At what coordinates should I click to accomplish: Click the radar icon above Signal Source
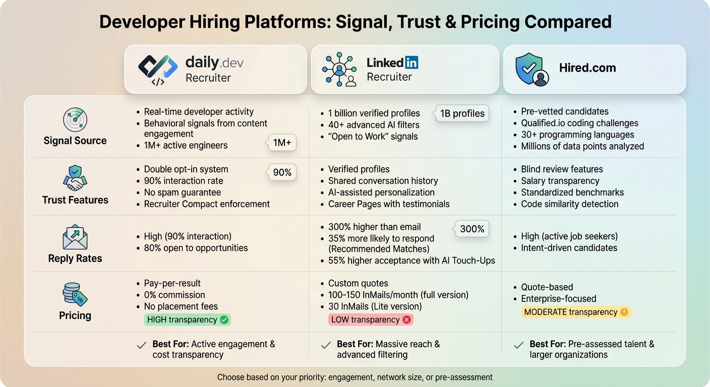[75, 120]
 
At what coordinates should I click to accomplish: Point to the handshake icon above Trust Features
[75, 178]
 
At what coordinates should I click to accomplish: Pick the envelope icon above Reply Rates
[75, 237]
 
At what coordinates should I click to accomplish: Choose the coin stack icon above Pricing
[75, 294]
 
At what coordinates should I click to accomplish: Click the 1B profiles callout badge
[462, 113]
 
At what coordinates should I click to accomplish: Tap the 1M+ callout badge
[282, 143]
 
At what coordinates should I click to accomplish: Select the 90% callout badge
[282, 172]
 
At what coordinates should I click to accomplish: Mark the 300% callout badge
[472, 229]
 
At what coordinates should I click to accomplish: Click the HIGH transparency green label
[187, 319]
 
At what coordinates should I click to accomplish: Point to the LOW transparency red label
[371, 319]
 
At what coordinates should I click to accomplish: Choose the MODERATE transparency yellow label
[575, 312]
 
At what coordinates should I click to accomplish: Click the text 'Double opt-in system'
[186, 169]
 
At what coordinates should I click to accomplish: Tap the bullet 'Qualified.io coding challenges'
[579, 123]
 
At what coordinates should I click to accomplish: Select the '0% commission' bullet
[174, 295]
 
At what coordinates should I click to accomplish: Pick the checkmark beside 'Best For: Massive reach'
[326, 345]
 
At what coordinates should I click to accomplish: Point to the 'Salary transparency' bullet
[560, 181]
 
